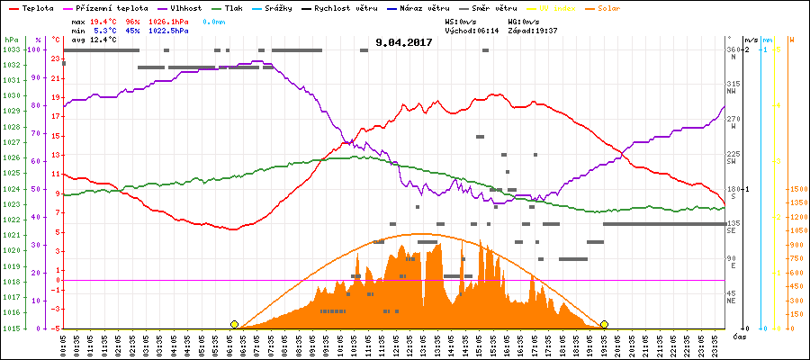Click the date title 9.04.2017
click(404, 41)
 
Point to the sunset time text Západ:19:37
click(533, 30)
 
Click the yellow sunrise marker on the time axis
click(234, 324)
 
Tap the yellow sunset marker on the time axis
click(604, 324)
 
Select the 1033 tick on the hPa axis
click(11, 49)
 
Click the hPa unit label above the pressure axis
click(11, 40)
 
